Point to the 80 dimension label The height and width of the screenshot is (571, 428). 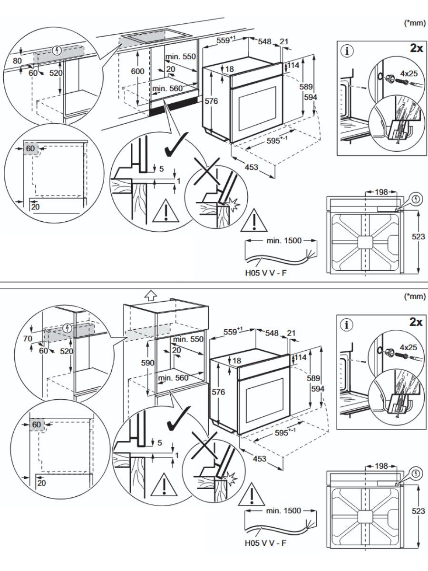(18, 61)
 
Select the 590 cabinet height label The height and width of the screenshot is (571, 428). (148, 363)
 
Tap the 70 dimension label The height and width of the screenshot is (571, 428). (27, 339)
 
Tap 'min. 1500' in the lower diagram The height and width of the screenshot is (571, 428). (284, 511)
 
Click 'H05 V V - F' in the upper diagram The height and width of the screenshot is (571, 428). (266, 274)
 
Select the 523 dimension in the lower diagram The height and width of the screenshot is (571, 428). (418, 511)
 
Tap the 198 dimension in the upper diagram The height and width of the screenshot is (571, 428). (381, 192)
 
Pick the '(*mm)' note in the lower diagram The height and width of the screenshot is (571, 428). (413, 296)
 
